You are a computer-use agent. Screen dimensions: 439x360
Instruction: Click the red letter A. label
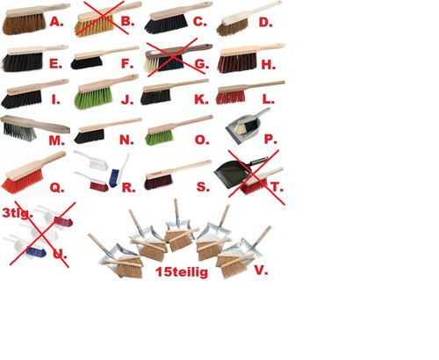click(56, 22)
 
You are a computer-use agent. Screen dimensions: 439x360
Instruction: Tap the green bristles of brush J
click(94, 97)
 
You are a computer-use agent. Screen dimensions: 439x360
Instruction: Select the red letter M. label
click(56, 140)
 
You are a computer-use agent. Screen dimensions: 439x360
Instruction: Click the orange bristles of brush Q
click(23, 183)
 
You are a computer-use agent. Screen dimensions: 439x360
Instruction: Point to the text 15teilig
click(182, 272)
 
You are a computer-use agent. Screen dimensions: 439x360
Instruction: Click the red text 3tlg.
click(17, 212)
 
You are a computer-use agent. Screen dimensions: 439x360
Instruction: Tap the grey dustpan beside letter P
click(243, 131)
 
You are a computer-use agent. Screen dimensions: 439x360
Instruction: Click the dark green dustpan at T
click(233, 174)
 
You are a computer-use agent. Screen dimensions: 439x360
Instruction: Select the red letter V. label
click(261, 270)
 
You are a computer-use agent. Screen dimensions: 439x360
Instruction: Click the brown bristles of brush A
click(25, 25)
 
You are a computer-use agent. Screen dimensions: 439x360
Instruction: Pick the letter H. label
click(269, 65)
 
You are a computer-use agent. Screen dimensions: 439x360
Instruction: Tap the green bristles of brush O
click(160, 137)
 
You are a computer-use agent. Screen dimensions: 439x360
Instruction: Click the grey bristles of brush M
click(20, 132)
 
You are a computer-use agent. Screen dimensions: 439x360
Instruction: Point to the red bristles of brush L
click(231, 97)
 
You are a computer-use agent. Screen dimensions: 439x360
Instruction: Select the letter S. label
click(203, 187)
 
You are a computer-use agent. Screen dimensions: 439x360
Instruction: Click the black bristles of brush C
click(166, 24)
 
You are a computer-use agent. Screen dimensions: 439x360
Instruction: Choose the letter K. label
click(201, 100)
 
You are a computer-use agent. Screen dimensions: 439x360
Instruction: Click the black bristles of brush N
click(90, 136)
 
